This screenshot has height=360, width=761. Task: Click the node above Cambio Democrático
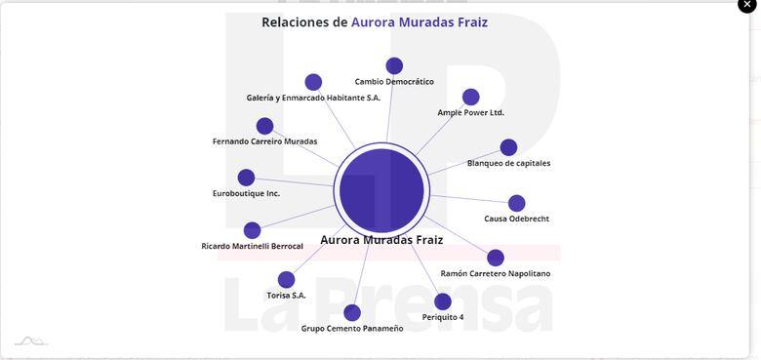click(x=394, y=65)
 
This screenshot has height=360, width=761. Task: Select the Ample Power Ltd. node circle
click(x=470, y=97)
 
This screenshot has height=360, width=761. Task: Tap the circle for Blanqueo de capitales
click(x=508, y=147)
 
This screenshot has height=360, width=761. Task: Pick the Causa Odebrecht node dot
click(x=516, y=203)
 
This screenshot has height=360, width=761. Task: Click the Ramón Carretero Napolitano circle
click(x=496, y=258)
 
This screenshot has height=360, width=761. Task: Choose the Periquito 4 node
click(x=443, y=301)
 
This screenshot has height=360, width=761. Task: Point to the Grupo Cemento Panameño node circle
click(x=352, y=312)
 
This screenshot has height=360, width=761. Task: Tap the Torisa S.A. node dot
click(x=286, y=279)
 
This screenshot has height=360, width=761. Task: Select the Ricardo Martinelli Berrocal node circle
click(x=252, y=230)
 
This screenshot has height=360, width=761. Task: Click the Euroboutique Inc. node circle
click(x=246, y=178)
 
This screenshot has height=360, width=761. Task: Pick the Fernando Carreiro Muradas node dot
click(x=264, y=126)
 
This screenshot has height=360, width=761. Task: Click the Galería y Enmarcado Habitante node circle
click(x=313, y=82)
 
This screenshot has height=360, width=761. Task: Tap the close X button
click(x=746, y=5)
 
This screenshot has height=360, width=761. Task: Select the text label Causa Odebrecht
click(x=516, y=219)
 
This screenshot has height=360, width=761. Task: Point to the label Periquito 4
click(x=443, y=317)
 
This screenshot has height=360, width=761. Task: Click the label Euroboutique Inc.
click(x=246, y=193)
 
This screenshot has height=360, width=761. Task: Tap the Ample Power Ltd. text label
click(x=470, y=112)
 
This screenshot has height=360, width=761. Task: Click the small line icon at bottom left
click(x=30, y=340)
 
